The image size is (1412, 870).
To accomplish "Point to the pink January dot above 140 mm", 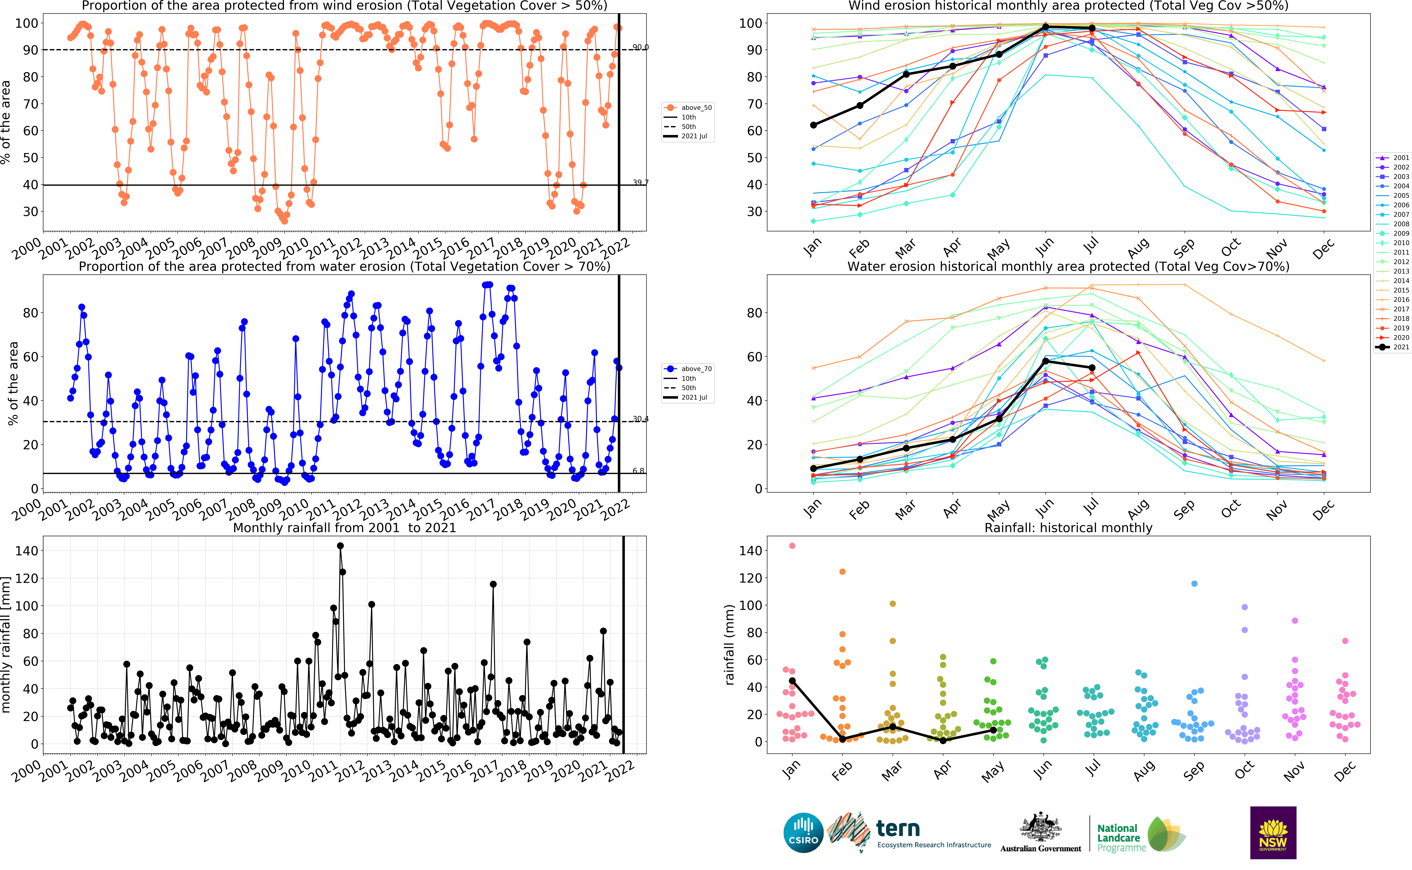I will [792, 545].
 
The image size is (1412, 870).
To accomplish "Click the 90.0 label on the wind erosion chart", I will [640, 47].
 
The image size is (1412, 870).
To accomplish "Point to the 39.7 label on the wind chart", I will [640, 182].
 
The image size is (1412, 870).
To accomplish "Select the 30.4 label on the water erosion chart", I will [640, 419].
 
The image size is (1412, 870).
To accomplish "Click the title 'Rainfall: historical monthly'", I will [1068, 528].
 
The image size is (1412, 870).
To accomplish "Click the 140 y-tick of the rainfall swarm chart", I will [750, 551].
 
